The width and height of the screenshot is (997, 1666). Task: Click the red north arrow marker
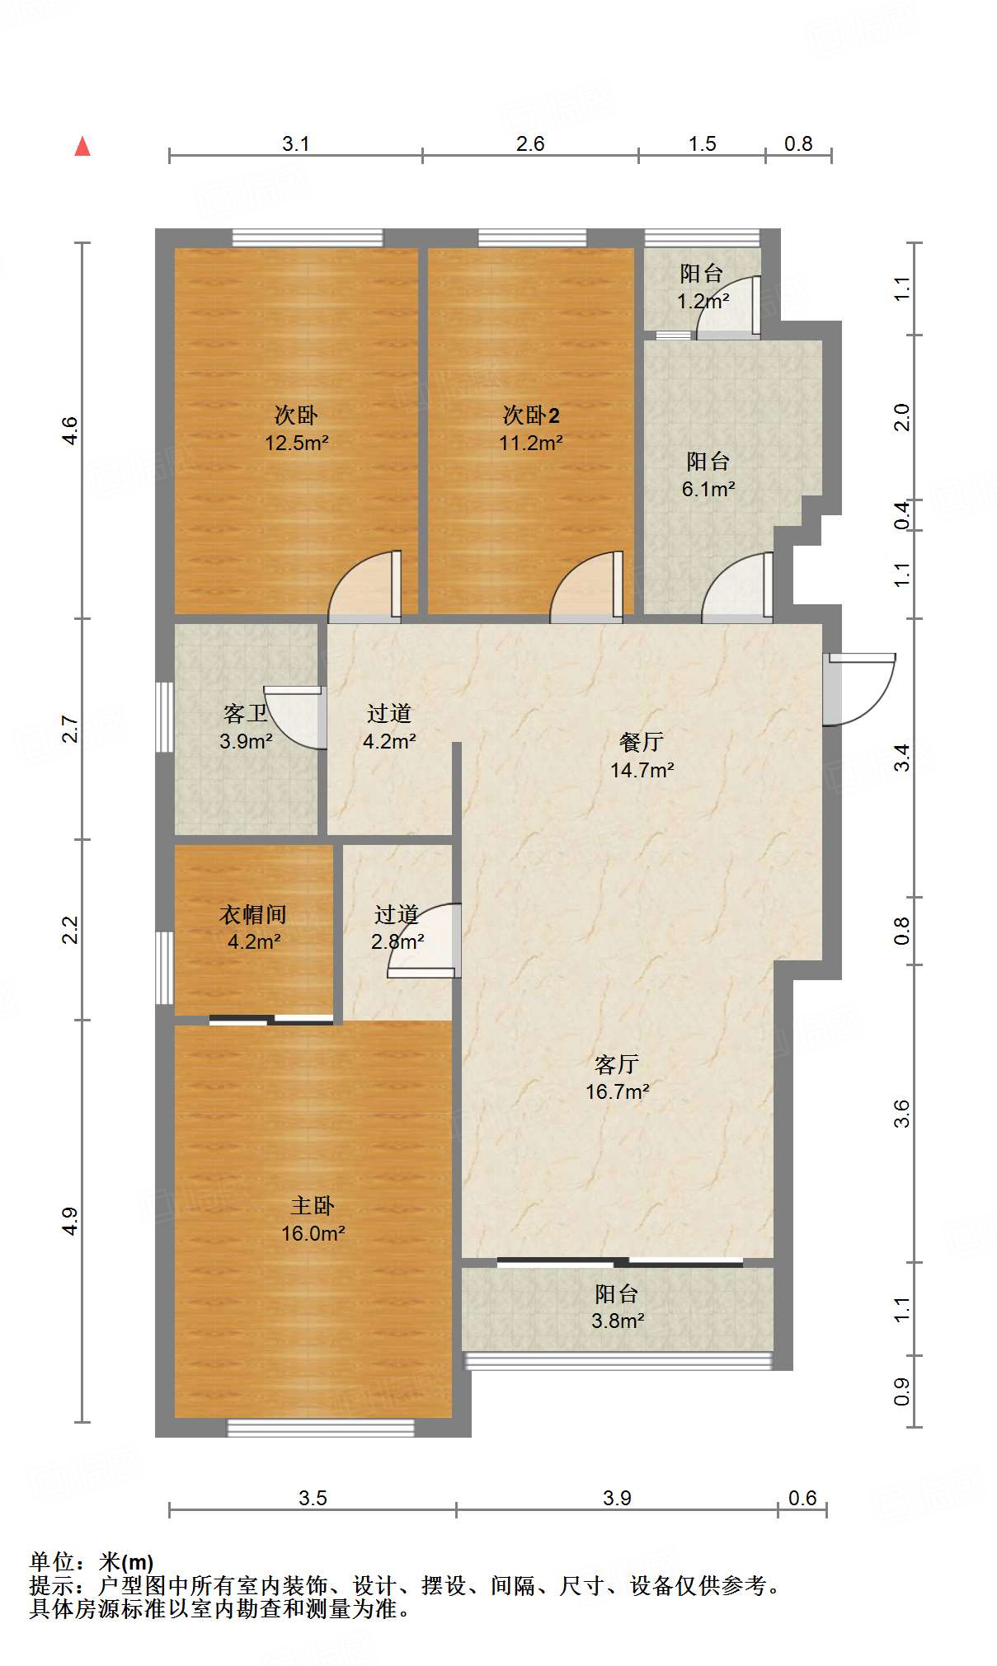click(82, 147)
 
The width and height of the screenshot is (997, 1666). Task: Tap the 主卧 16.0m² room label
click(313, 1219)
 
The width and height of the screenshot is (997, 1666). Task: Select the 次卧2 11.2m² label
click(530, 429)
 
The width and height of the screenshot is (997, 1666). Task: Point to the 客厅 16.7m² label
click(617, 1077)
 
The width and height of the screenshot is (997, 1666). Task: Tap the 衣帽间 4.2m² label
click(253, 927)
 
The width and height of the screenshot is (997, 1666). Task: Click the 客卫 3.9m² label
click(245, 727)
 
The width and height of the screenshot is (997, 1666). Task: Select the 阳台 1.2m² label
click(702, 287)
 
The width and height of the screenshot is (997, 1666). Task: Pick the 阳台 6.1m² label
click(708, 475)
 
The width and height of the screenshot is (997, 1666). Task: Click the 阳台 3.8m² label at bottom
click(617, 1307)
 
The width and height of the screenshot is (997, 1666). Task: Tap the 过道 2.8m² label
click(397, 927)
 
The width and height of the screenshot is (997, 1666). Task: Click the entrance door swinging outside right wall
click(859, 689)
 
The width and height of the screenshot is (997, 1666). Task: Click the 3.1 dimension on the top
click(295, 143)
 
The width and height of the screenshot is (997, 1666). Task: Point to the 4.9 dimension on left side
click(70, 1221)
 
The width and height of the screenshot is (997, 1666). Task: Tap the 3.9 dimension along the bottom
click(617, 1498)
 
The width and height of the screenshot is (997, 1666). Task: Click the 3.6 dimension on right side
click(902, 1113)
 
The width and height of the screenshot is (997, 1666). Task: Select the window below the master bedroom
click(321, 1428)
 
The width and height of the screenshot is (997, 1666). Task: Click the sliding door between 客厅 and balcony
click(620, 1262)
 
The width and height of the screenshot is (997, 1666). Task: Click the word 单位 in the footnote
click(53, 1561)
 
